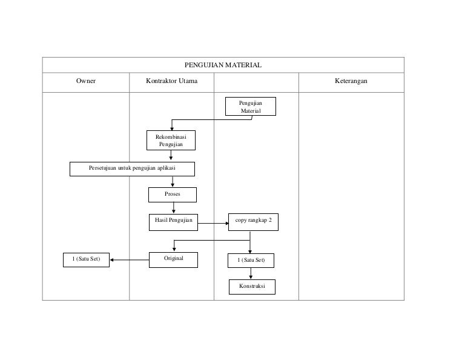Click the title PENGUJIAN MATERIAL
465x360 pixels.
(223, 65)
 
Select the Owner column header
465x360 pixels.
(86, 81)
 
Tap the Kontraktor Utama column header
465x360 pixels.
(172, 81)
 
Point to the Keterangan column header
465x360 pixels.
(351, 81)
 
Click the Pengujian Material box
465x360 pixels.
(251, 106)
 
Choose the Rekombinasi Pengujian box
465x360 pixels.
(171, 140)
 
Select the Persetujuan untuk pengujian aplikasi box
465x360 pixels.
(132, 169)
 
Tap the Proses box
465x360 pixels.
(173, 195)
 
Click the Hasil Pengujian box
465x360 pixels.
(174, 222)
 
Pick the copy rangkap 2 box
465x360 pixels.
(253, 222)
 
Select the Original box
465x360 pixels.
(174, 260)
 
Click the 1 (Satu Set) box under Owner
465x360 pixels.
(87, 260)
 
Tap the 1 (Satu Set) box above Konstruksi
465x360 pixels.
(251, 261)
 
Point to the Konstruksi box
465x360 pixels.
(252, 287)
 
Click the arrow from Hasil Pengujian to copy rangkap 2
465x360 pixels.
(213, 223)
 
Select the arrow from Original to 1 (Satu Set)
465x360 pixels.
(130, 260)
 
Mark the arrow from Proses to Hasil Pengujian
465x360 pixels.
(174, 208)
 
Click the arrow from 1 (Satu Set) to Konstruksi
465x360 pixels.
(251, 273)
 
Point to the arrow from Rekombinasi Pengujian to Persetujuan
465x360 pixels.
(171, 156)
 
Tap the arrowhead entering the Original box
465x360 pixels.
(174, 250)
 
